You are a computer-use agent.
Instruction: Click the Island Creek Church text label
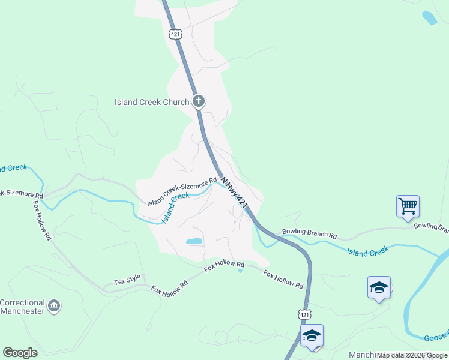152,102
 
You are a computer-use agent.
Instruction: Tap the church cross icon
199,101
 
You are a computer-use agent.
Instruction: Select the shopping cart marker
408,206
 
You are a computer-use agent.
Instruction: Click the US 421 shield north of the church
175,34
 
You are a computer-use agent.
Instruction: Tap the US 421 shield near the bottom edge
304,314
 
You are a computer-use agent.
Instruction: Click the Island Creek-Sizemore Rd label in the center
182,190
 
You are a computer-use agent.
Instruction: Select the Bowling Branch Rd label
310,232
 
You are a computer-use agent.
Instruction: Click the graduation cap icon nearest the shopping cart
379,287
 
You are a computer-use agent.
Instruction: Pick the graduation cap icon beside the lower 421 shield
312,335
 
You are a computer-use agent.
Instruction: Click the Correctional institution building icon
54,307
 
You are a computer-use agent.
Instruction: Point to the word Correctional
23,303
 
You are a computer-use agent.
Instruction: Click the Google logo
20,353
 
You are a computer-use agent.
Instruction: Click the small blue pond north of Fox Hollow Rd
194,241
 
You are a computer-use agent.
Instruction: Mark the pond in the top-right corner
430,18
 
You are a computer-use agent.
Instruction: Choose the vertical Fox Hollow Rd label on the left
43,220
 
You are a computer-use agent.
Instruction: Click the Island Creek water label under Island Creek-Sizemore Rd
175,207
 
